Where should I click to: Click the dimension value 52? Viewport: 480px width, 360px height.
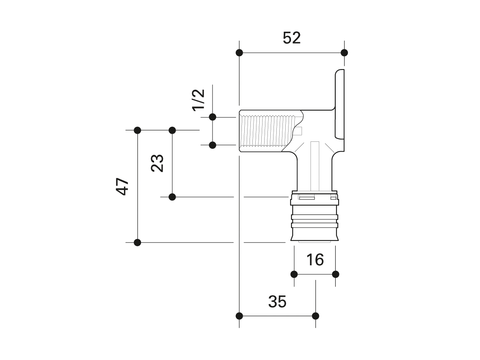coord(291,38)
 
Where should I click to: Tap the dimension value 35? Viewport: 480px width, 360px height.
coord(277,301)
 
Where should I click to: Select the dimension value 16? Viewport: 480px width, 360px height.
coord(315,260)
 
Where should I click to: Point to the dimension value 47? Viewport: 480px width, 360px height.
coord(122,187)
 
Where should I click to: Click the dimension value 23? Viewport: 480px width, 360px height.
coord(157,163)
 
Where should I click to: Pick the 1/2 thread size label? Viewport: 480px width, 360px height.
coord(198,100)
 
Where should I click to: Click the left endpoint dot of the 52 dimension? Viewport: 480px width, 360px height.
coord(239,52)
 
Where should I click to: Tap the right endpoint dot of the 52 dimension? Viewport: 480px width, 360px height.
coord(344,52)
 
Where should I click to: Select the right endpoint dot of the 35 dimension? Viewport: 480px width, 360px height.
coord(316,316)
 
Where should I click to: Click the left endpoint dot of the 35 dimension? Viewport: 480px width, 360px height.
coord(239,316)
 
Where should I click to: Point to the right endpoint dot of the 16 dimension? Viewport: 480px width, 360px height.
coord(336,274)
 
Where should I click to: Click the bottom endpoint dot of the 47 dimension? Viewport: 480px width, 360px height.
coord(137,243)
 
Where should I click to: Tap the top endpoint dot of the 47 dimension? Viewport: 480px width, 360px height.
coord(137,130)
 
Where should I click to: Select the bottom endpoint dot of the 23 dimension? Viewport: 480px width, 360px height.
coord(172,197)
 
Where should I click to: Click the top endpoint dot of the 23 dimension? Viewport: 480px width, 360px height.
coord(172,130)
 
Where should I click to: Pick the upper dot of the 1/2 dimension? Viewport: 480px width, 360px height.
coord(212,117)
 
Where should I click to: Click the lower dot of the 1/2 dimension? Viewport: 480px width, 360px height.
coord(212,145)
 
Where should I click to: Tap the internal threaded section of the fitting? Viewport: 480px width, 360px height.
coord(264,131)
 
